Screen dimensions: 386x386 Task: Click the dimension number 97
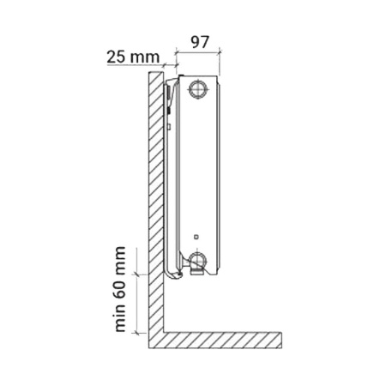200,42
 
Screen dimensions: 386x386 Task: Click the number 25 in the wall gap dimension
116,57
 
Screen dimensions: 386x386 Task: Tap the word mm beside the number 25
144,58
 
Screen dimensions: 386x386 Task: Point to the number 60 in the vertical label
120,289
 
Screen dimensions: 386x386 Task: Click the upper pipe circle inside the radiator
198,89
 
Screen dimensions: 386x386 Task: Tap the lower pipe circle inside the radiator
198,259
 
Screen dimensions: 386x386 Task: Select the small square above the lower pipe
196,237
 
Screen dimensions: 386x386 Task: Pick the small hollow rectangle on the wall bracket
169,126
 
